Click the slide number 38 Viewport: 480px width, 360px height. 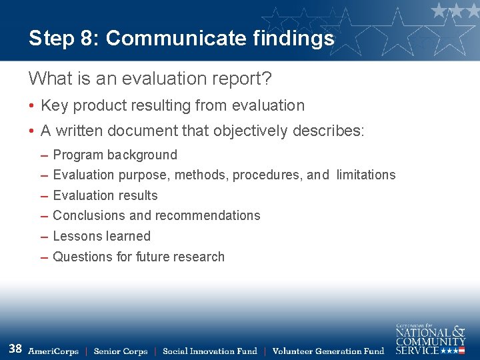coord(15,348)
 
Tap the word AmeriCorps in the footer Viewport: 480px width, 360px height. coord(53,351)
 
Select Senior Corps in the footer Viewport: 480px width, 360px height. coord(121,351)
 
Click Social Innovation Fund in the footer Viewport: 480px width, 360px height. coord(210,351)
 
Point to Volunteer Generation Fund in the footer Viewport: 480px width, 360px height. coord(329,351)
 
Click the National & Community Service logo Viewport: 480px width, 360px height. coord(430,339)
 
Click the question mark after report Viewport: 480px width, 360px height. coord(267,79)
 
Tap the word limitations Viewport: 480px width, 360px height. coord(366,175)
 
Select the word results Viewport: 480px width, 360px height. coord(137,195)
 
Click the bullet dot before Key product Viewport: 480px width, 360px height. coord(32,105)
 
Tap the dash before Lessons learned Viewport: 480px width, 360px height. coord(44,236)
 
